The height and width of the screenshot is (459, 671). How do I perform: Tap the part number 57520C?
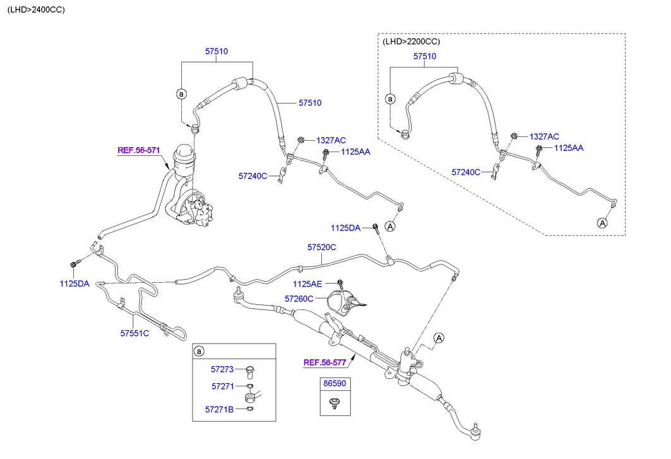[x=322, y=247]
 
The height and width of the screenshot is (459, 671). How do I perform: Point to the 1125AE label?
[x=308, y=284]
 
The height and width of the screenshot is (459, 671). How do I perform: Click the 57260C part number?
[x=299, y=298]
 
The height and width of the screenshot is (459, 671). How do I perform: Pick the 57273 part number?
[x=223, y=369]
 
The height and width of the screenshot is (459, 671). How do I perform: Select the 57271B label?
[x=219, y=410]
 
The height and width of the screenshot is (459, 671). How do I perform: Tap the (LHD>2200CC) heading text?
[x=411, y=42]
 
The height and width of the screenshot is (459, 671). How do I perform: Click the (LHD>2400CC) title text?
[x=36, y=10]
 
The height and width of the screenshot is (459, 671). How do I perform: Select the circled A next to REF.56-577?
[x=439, y=338]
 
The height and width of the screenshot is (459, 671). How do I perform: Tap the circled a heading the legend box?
[x=199, y=351]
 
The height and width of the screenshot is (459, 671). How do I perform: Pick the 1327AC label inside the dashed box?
[x=544, y=136]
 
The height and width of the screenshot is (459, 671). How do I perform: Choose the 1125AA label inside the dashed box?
[x=568, y=148]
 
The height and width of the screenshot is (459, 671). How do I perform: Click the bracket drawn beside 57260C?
[x=343, y=302]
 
